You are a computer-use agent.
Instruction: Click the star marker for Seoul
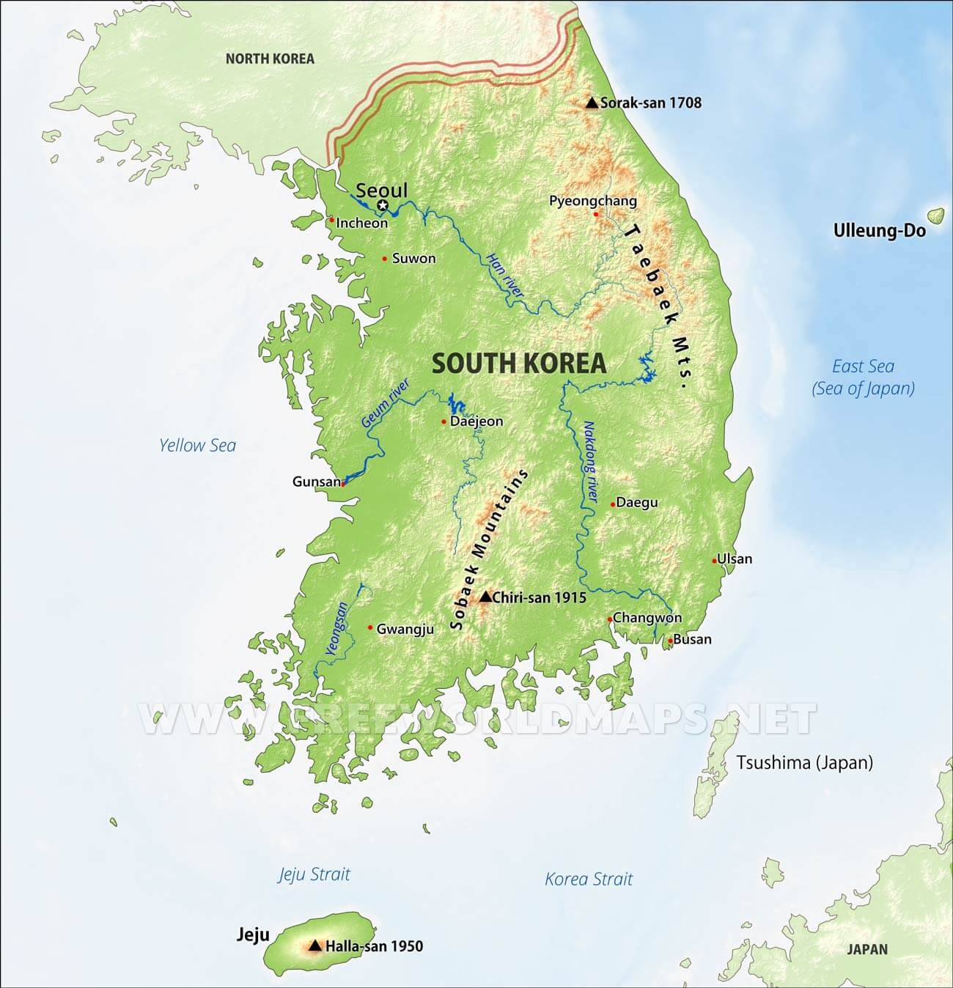[382, 205]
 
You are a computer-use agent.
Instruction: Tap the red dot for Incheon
[331, 219]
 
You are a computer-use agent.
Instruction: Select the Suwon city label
[413, 259]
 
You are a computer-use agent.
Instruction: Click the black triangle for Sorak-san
[592, 103]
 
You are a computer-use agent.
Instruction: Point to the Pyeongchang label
[593, 201]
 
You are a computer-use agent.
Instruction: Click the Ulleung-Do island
[935, 215]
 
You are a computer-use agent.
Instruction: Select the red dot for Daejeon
[444, 421]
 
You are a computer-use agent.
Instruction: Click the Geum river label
[384, 404]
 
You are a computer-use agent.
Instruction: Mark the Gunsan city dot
[342, 483]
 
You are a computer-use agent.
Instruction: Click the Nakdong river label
[589, 462]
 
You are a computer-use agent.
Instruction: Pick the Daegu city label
[636, 503]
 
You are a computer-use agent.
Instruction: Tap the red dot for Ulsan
[714, 561]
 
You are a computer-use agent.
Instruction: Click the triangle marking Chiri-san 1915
[485, 597]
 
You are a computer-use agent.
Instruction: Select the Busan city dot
[669, 641]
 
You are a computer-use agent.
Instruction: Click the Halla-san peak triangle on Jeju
[315, 946]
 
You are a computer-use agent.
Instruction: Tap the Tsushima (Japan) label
[804, 762]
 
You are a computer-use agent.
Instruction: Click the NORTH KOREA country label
[269, 59]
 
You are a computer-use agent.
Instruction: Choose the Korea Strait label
[588, 879]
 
